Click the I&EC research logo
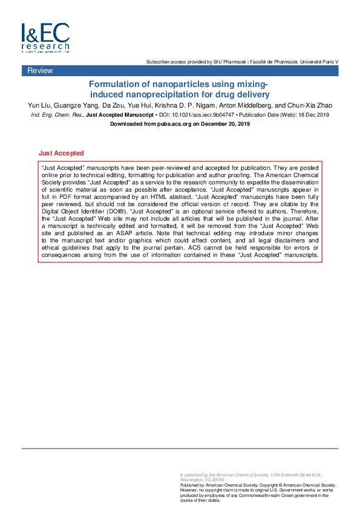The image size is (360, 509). coord(45,38)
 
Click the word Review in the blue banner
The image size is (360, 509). coord(40,71)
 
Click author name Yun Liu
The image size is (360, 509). coord(40,106)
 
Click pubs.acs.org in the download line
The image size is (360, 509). coord(170,123)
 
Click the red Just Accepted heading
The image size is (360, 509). coord(61,154)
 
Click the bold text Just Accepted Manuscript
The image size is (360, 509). coord(120,114)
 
